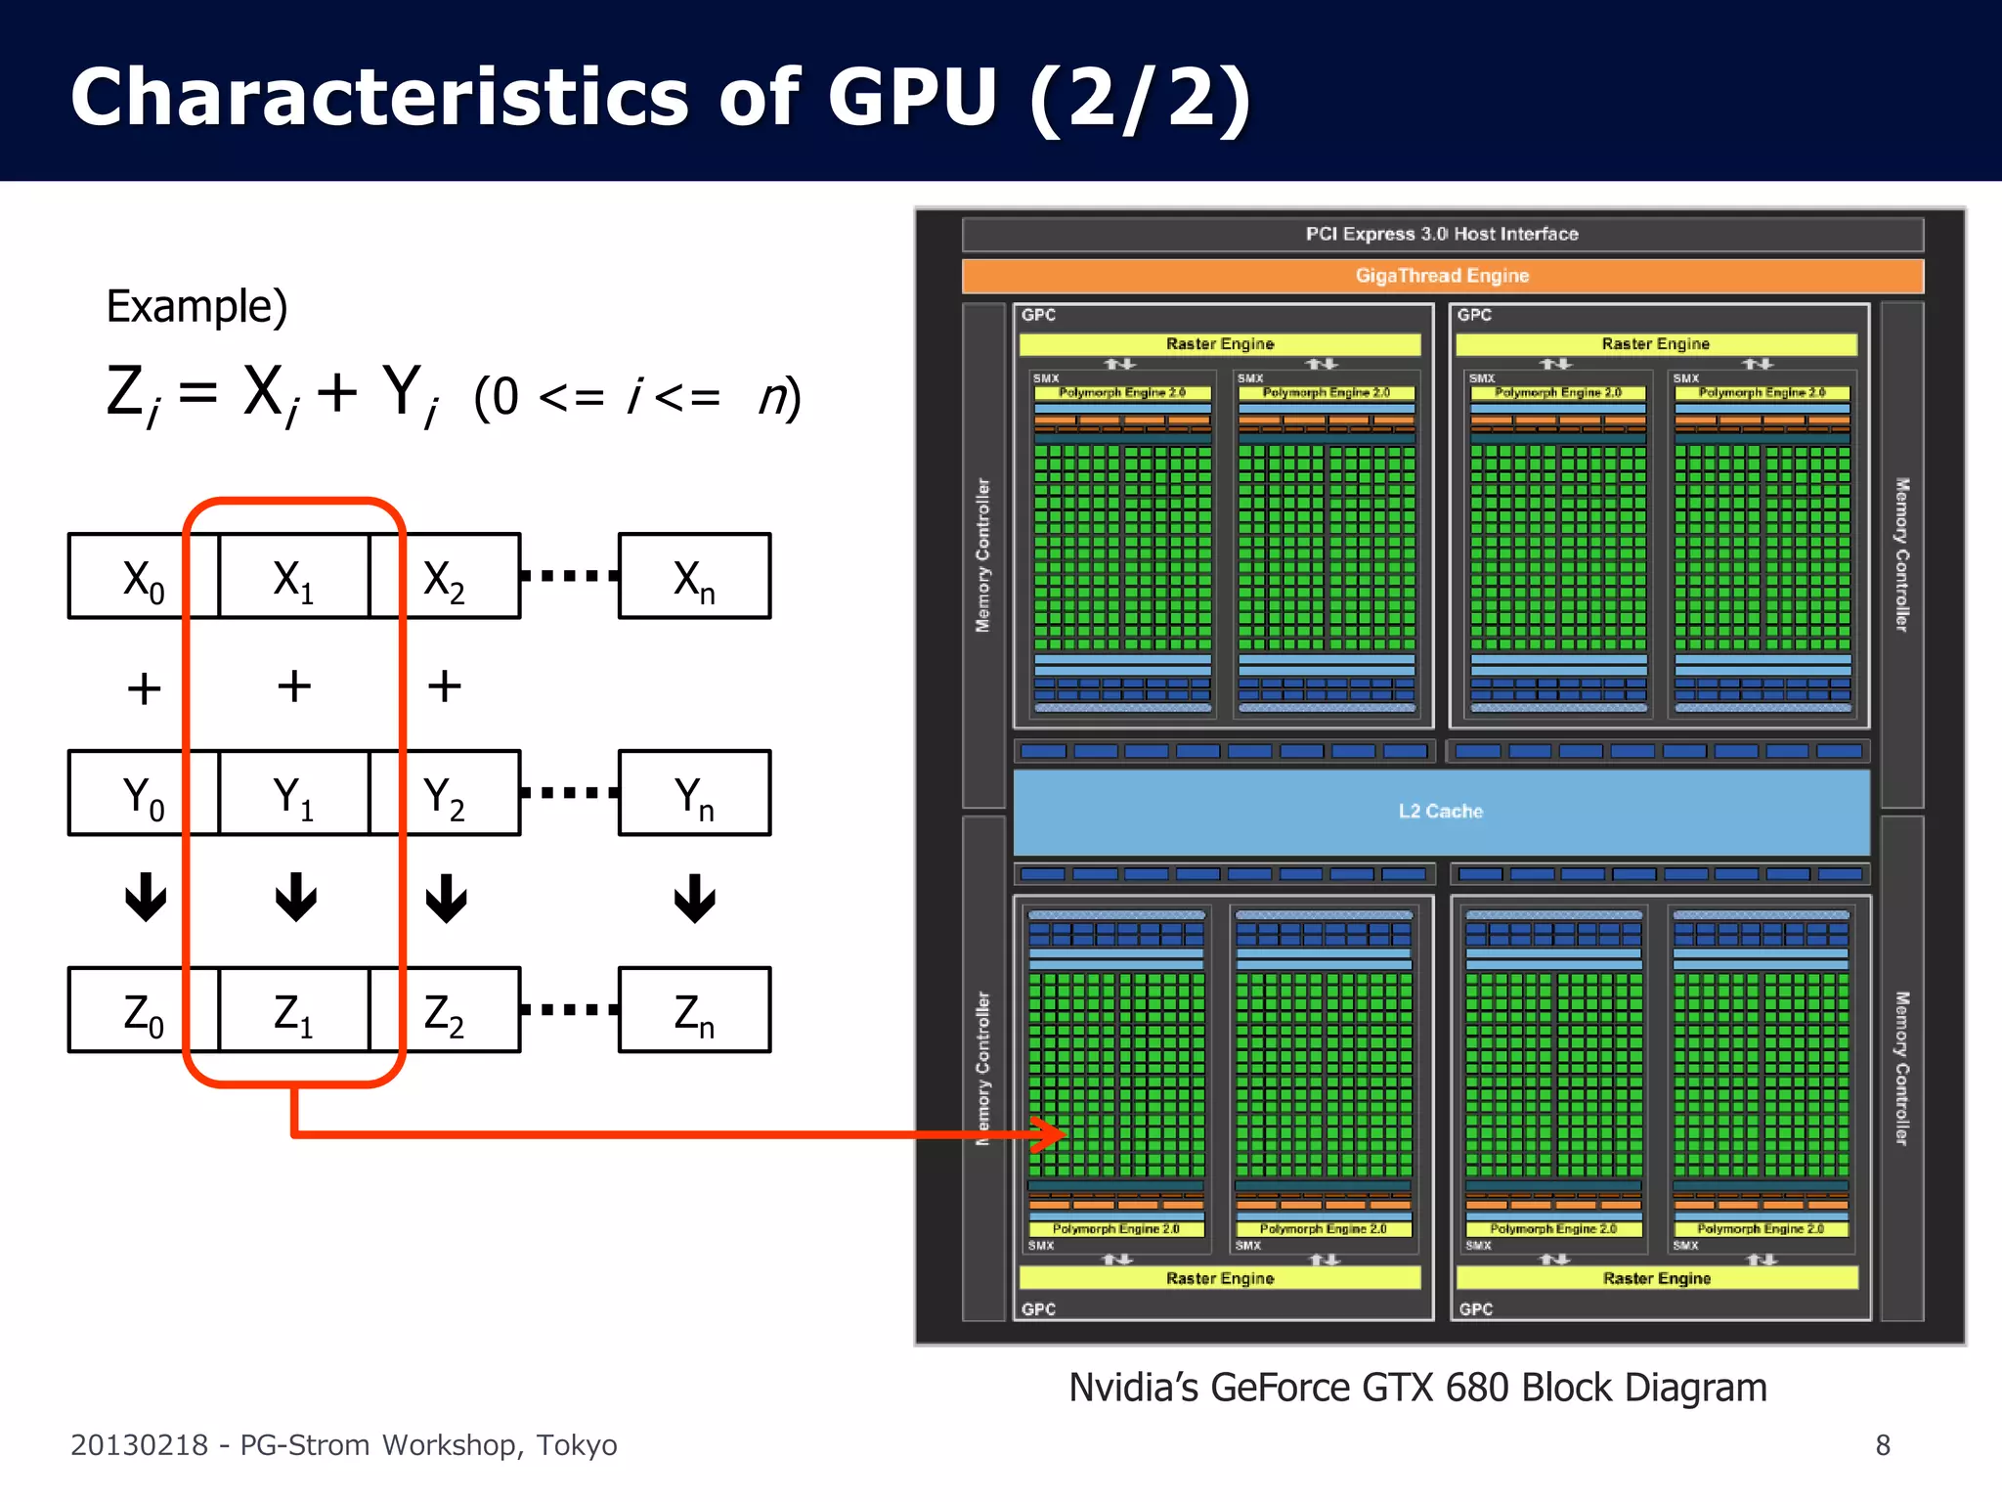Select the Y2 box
445,794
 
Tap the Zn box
694,1011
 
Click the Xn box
694,577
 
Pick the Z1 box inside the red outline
293,1011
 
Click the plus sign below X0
144,687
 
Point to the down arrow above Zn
695,898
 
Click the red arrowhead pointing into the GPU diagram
1051,1134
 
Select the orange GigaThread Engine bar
1442,276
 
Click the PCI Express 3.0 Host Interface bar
1442,234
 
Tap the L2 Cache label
1440,812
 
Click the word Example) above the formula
196,307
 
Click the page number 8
1883,1444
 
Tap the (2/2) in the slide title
1140,98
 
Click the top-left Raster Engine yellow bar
1219,344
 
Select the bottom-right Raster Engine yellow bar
1656,1278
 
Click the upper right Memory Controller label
1901,553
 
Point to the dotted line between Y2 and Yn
569,793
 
